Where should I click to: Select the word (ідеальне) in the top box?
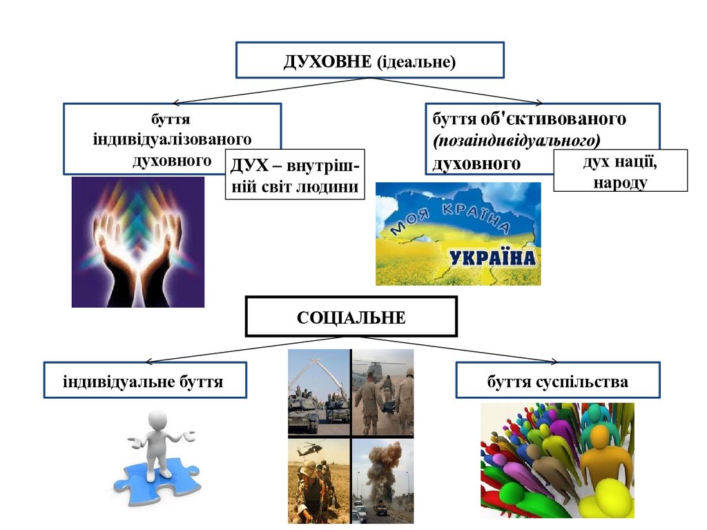click(416, 61)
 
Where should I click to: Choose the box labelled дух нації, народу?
click(620, 170)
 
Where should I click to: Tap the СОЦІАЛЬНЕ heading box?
click(351, 317)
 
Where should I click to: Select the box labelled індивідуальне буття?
click(144, 380)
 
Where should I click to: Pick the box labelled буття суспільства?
click(556, 380)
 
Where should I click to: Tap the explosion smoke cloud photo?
click(382, 480)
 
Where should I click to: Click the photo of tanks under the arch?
click(318, 391)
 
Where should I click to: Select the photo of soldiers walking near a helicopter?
click(382, 391)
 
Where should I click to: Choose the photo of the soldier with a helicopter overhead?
click(318, 480)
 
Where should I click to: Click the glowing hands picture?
click(138, 242)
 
